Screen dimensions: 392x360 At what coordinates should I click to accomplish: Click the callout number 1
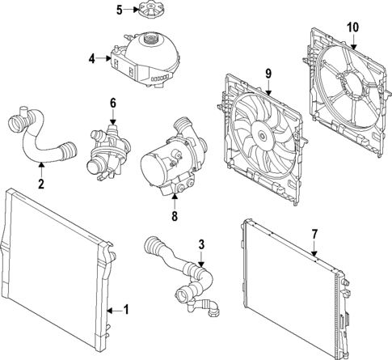126,310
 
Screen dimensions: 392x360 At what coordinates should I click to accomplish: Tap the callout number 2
40,184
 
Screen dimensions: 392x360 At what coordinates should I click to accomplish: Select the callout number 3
201,244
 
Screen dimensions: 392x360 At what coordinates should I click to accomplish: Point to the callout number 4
92,58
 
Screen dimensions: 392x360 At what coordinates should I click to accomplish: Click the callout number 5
120,10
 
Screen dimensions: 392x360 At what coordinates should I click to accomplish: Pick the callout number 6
113,103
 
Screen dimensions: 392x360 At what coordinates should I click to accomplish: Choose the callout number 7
314,234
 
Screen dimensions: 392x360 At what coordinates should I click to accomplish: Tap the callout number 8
175,216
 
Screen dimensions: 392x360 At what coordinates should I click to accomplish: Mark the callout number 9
268,74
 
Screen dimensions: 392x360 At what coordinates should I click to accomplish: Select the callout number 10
353,28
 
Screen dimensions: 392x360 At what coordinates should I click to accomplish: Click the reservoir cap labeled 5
150,11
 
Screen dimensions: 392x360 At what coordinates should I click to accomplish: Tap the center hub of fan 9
262,134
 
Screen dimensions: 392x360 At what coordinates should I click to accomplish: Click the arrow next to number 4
103,58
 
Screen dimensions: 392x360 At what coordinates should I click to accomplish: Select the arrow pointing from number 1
114,311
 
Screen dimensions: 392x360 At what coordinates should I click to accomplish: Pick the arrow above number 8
175,201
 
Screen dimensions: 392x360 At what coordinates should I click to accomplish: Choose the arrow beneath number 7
314,248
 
